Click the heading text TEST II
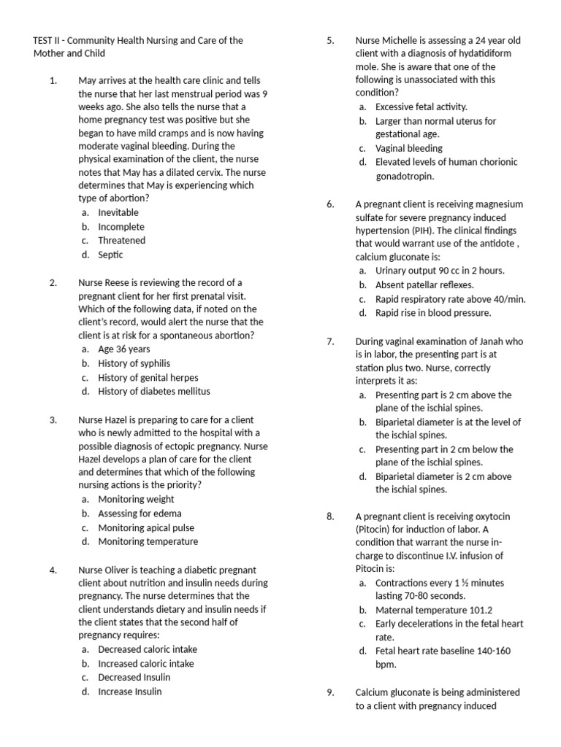[49, 40]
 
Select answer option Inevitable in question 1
[118, 212]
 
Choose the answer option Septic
[110, 255]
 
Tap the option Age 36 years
[123, 349]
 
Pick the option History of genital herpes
[148, 377]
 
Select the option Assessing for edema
[137, 514]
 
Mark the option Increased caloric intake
[146, 663]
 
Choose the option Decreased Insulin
[134, 677]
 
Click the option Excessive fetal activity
[421, 107]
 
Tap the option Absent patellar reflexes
[424, 285]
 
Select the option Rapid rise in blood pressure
[433, 313]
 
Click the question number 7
[330, 341]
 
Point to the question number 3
[53, 419]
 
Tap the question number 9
[330, 692]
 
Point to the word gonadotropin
[405, 176]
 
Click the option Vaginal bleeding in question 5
[409, 148]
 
